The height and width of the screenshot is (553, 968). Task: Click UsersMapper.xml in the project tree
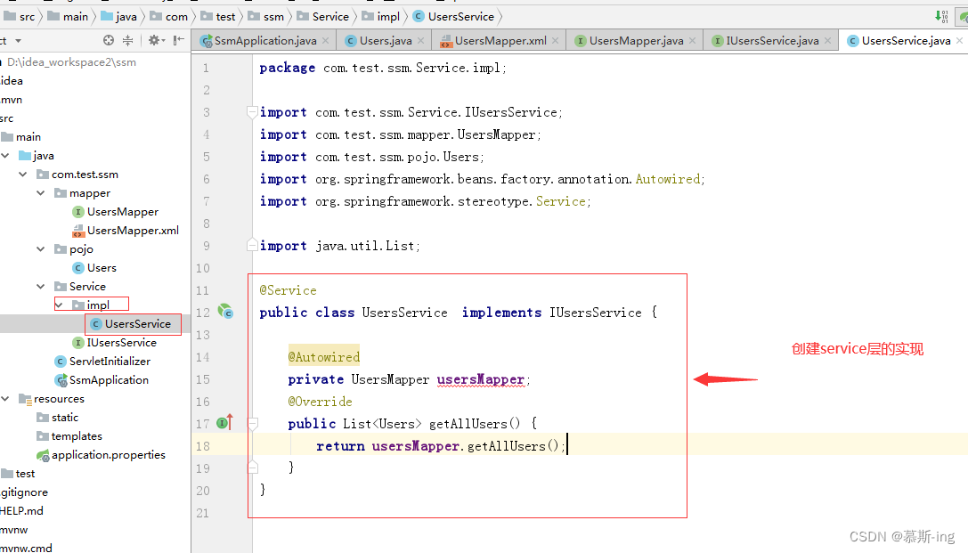point(133,231)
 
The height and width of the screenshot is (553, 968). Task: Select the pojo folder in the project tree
point(81,249)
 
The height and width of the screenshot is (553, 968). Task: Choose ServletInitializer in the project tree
point(110,361)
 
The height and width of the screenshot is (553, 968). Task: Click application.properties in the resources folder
point(108,455)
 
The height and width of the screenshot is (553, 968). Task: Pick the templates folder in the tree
point(77,436)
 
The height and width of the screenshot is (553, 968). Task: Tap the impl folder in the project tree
point(98,305)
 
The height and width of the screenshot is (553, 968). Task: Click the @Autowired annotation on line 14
point(323,357)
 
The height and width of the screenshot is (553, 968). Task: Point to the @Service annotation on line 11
point(288,290)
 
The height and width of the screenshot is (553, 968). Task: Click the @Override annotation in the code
point(320,402)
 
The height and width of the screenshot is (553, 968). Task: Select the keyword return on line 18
point(340,445)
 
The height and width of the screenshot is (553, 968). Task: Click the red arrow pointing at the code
point(726,379)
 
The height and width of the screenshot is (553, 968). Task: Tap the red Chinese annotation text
point(858,349)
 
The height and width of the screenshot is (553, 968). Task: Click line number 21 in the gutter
point(202,513)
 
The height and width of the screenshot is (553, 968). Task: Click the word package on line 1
point(287,68)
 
